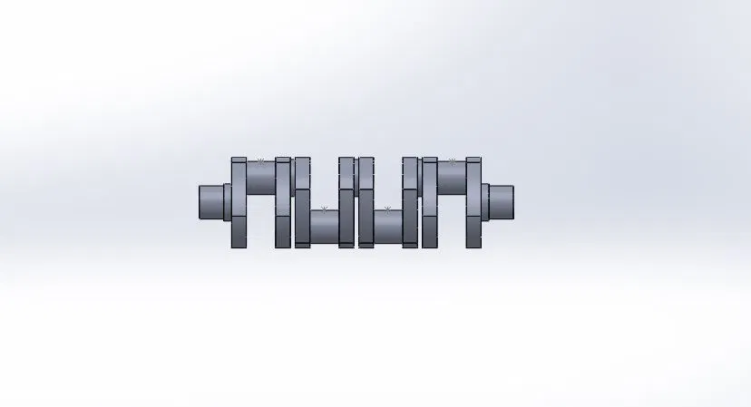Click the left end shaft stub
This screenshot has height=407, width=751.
[210, 201]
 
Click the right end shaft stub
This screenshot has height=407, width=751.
[502, 201]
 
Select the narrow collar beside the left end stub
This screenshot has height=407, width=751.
[228, 201]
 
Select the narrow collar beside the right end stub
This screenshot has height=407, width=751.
[485, 201]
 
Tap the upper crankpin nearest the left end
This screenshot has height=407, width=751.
[261, 179]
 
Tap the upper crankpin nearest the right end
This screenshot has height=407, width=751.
[452, 179]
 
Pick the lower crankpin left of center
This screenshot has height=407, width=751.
[324, 227]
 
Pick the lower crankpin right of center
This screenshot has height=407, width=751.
[387, 227]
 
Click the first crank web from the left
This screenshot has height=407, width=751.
[239, 203]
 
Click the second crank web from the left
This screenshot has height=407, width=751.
[283, 203]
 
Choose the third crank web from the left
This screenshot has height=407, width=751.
[302, 203]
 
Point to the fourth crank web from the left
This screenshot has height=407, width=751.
[346, 203]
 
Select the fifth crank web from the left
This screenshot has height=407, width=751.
[366, 203]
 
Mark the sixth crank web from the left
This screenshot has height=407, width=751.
[410, 203]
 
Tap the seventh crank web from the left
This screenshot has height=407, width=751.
[429, 203]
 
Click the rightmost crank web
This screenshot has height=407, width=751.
[473, 203]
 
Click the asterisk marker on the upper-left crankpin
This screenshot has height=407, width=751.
[261, 161]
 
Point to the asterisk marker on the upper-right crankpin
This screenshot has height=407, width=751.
[452, 161]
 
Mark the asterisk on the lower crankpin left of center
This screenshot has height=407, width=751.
[324, 209]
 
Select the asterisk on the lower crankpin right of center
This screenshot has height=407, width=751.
[387, 209]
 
